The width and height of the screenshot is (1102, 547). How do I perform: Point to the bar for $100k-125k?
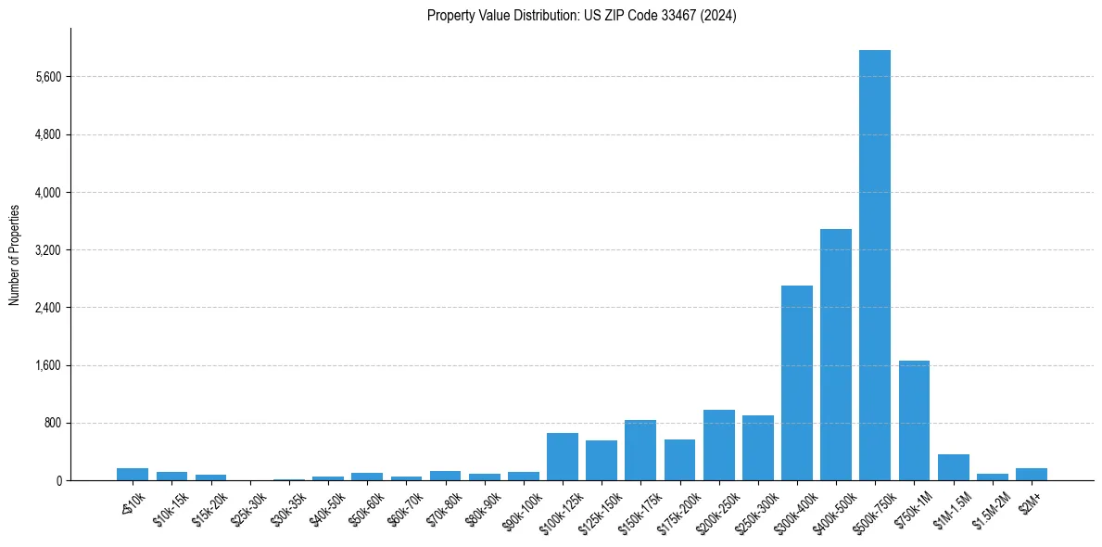click(562, 456)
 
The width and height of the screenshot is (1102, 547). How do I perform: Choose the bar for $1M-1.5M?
click(953, 467)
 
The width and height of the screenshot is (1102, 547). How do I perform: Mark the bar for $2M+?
click(1031, 474)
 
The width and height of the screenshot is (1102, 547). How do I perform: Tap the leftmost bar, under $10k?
click(133, 474)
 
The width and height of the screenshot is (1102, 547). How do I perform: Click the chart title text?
click(582, 16)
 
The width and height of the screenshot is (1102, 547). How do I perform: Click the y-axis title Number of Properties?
click(15, 254)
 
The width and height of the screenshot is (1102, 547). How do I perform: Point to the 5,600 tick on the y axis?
click(47, 77)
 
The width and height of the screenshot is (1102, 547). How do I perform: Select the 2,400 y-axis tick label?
click(47, 308)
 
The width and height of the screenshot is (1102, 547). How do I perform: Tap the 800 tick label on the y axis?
click(51, 424)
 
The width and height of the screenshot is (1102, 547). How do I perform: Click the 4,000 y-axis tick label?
click(47, 193)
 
